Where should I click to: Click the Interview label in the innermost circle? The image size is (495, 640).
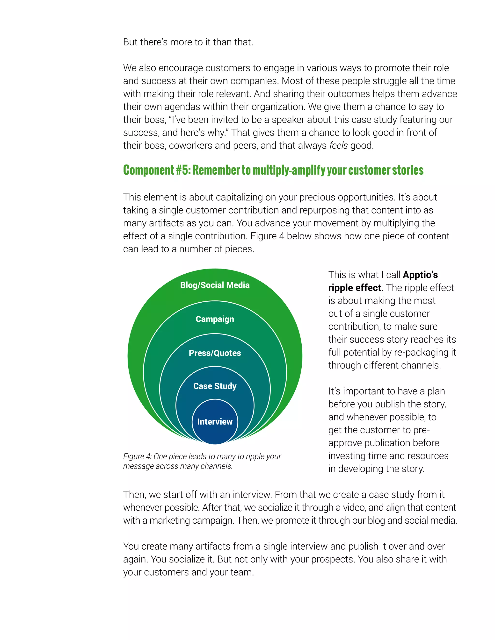click(215, 422)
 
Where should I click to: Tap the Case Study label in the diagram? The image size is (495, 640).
click(215, 386)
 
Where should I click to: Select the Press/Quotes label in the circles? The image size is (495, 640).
click(215, 353)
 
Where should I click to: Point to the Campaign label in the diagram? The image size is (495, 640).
click(215, 319)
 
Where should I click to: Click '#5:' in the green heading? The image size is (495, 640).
click(183, 170)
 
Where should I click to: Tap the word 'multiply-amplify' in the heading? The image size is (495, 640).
click(289, 170)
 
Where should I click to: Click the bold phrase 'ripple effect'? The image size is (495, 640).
click(355, 288)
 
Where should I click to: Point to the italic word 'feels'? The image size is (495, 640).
click(338, 146)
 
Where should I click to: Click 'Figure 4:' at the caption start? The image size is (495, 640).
click(137, 456)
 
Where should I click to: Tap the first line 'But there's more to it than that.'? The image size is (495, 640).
click(188, 42)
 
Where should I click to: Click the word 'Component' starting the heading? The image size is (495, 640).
click(149, 170)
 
